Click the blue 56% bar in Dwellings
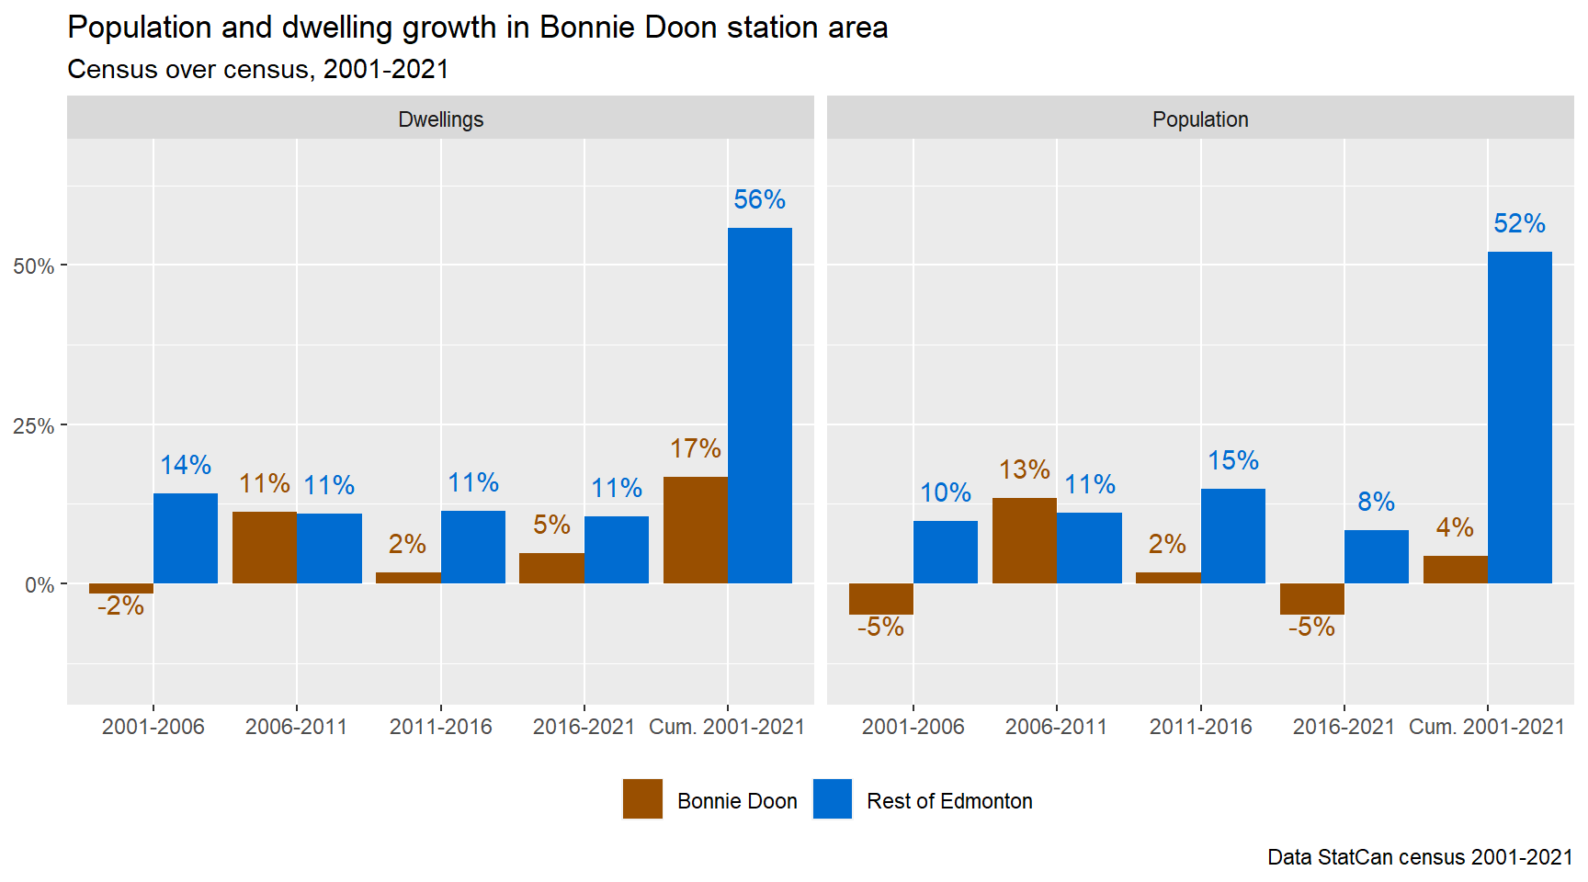759,405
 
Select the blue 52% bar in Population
1519,417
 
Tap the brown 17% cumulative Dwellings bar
695,530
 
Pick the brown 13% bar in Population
1024,540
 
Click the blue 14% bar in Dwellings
186,538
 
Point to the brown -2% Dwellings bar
121,589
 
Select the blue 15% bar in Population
1232,536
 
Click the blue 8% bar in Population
1376,557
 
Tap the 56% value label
759,199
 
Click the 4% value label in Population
1455,527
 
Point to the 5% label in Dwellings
551,525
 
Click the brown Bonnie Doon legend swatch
642,799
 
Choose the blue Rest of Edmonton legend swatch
833,799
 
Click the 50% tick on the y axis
34,266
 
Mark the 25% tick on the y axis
34,426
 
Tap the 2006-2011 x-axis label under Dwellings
296,727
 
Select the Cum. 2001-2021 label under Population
1486,727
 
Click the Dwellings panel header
440,119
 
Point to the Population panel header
1199,119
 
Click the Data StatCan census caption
1419,857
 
